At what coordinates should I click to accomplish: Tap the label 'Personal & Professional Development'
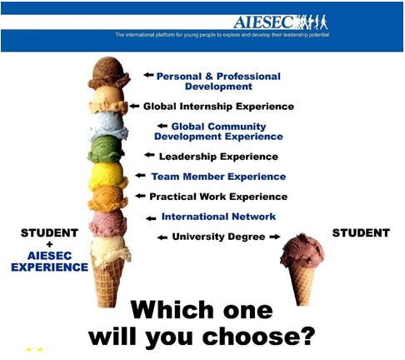(x=218, y=82)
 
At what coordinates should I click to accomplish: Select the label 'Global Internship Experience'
(x=218, y=107)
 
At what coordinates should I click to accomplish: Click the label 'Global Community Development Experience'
(x=218, y=131)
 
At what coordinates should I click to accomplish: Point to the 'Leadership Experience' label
(x=219, y=156)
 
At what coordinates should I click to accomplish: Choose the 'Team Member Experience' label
(x=218, y=177)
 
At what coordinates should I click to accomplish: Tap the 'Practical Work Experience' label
(x=218, y=197)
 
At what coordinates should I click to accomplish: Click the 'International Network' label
(x=218, y=217)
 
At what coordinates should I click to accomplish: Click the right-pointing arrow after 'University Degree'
(x=273, y=237)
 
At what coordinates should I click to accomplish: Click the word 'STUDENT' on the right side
(x=361, y=232)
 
